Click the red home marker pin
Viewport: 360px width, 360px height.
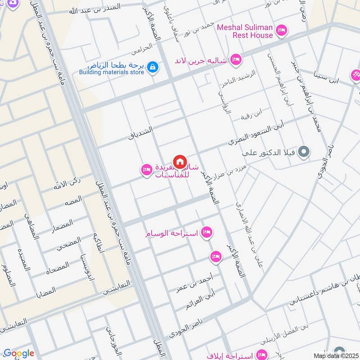pyautogui.click(x=180, y=161)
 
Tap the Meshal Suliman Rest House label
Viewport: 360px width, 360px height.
pyautogui.click(x=245, y=31)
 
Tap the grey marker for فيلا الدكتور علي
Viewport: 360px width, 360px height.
pyautogui.click(x=304, y=152)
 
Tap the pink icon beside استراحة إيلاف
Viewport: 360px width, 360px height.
pyautogui.click(x=260, y=354)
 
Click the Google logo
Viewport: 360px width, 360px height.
pyautogui.click(x=18, y=354)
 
